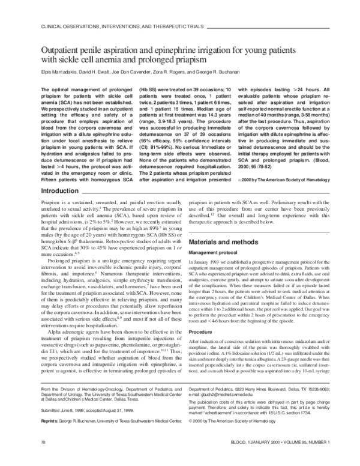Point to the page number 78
click(43, 458)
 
